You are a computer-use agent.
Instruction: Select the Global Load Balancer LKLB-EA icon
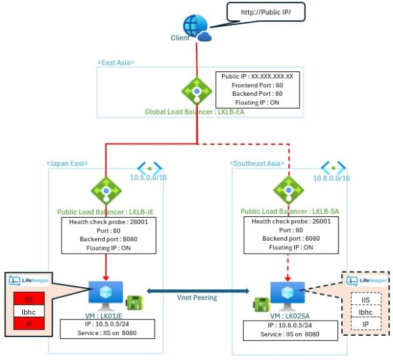pos(195,91)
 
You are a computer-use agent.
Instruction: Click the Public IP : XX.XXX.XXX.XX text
pos(257,76)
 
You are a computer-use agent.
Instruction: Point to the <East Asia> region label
pos(116,62)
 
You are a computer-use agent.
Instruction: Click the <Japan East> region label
pos(67,163)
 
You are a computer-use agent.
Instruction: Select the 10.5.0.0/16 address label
pos(149,178)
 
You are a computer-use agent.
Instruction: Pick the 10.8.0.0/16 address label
pos(331,178)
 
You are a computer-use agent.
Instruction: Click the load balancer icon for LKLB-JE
pos(106,190)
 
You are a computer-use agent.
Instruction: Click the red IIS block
pos(29,298)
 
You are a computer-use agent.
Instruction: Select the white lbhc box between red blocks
pos(29,311)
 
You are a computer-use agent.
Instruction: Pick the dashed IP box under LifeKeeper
pos(366,323)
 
